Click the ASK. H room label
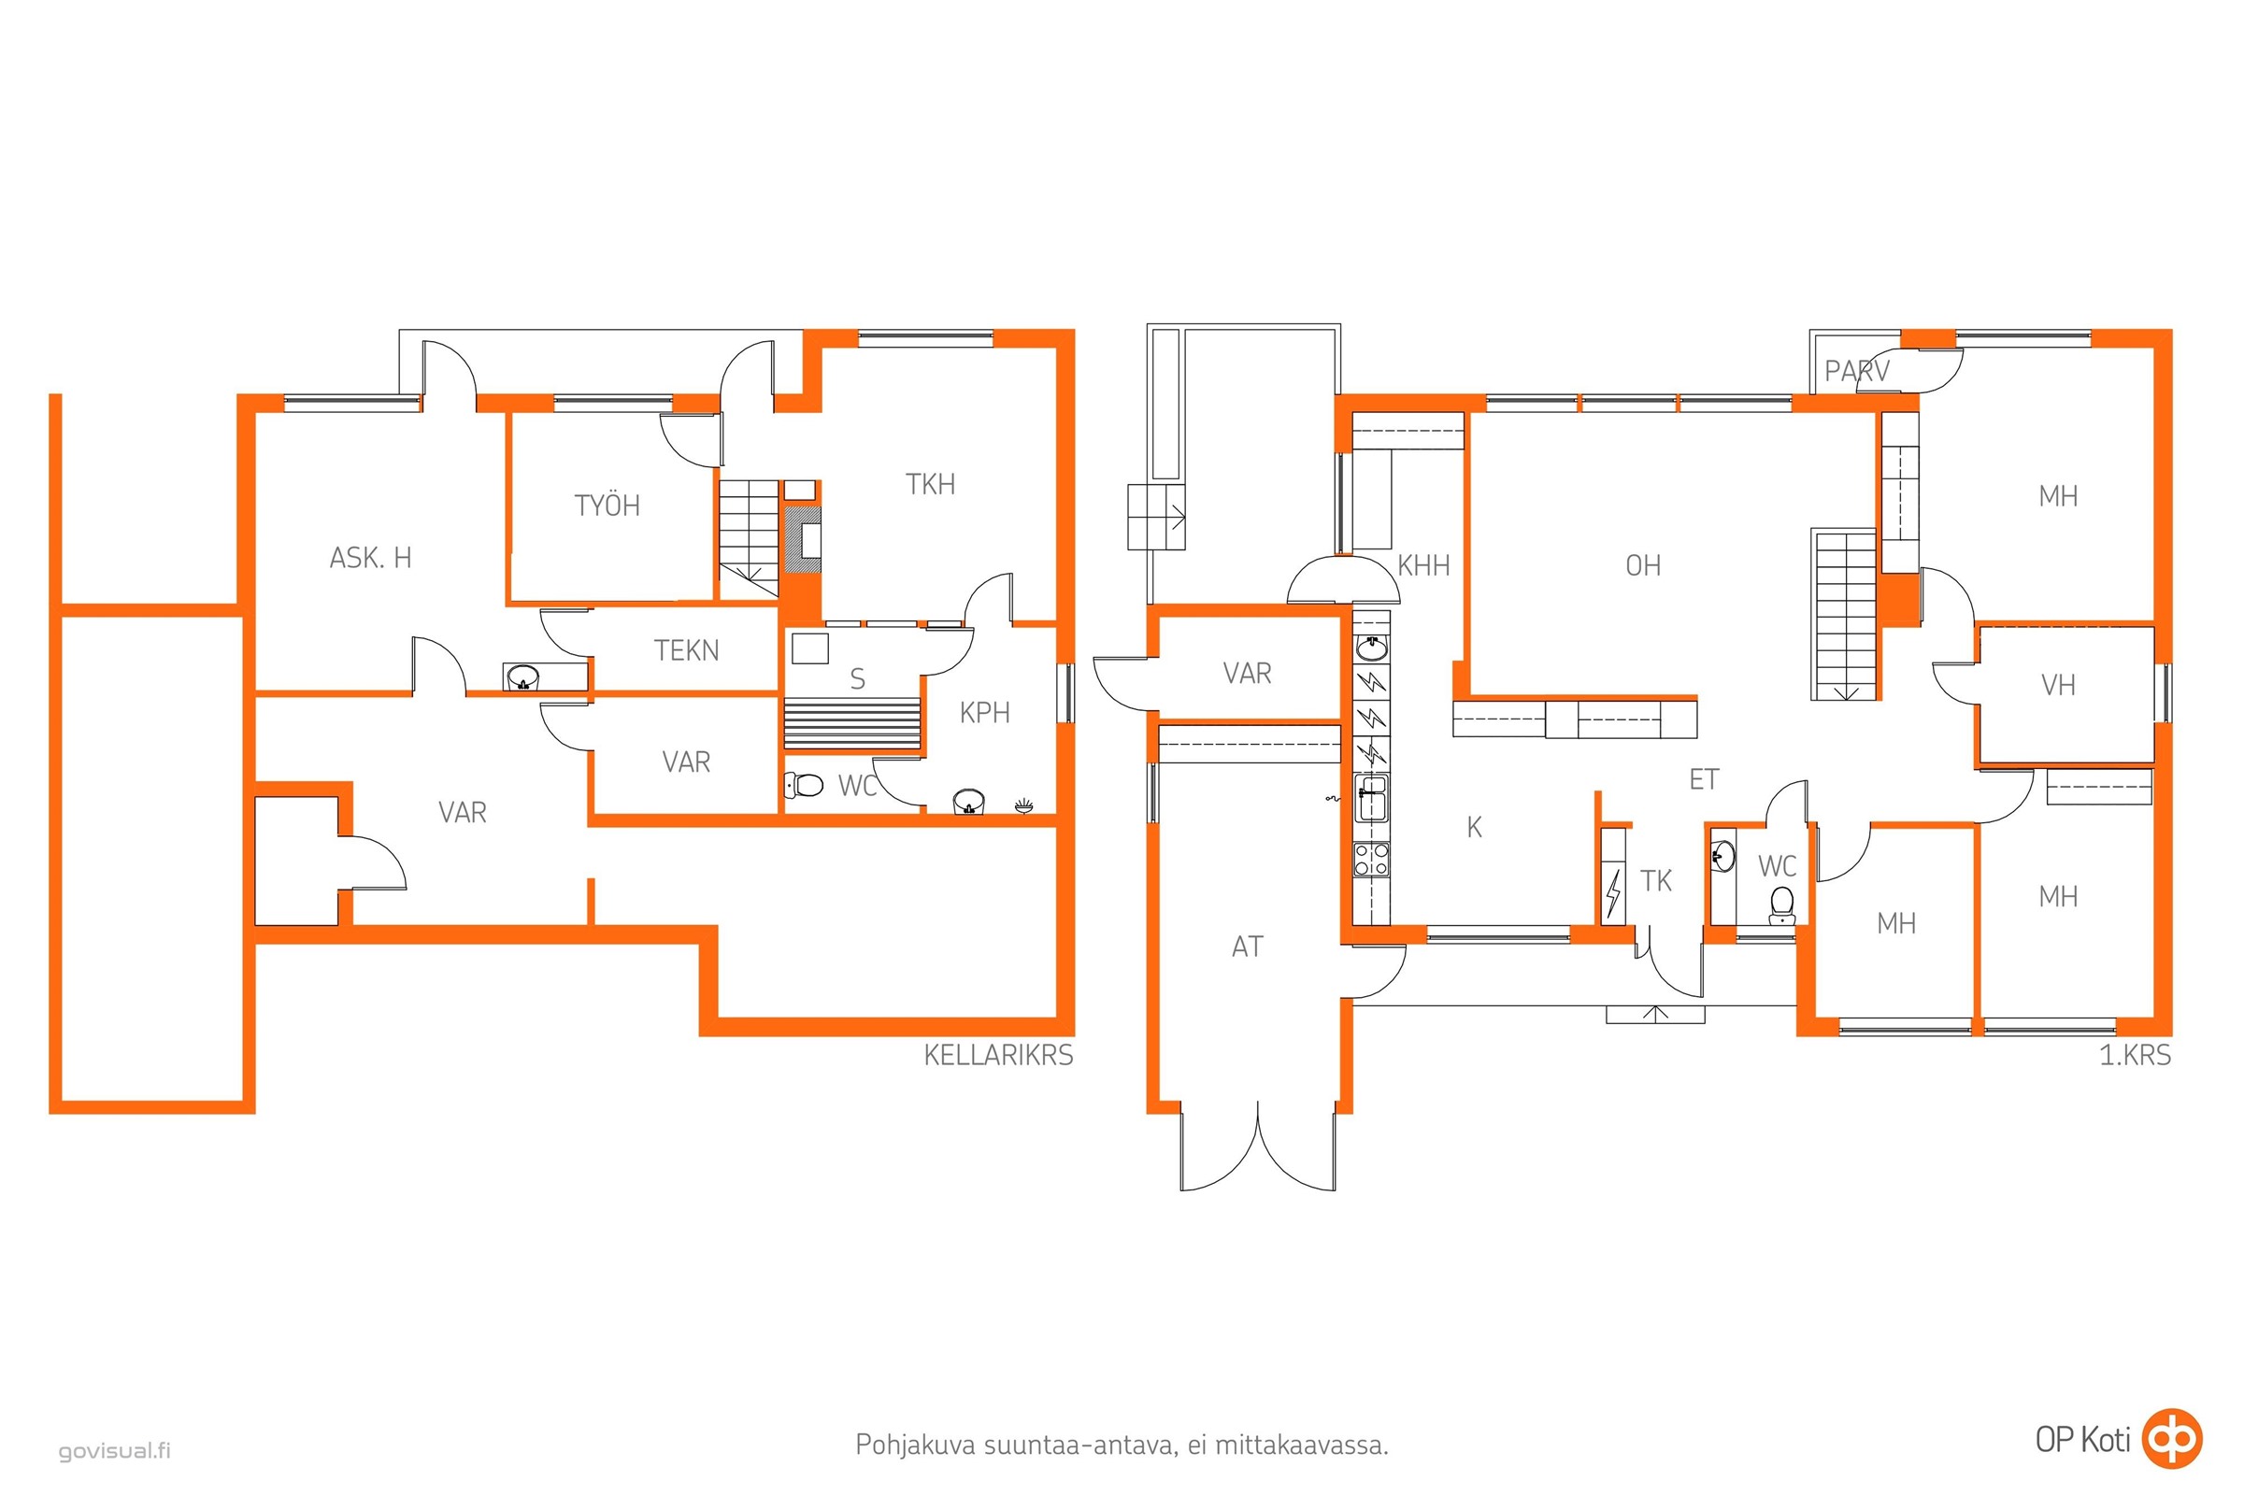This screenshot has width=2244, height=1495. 370,558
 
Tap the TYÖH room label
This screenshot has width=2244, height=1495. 607,505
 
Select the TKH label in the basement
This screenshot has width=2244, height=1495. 930,484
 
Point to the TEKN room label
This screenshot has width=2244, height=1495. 686,650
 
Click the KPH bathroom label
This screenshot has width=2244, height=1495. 984,712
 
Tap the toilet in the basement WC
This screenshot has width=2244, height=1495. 803,786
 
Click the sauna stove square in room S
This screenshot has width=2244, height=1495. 809,648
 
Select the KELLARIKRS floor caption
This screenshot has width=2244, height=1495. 998,1056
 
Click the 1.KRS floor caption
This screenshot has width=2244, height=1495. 2136,1056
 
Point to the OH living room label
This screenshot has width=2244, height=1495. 1642,565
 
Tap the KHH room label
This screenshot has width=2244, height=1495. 1422,565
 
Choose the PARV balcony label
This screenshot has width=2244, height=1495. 1856,371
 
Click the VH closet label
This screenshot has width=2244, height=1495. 2057,685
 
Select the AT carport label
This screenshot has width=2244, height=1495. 1247,947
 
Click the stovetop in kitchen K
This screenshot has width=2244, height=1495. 1371,859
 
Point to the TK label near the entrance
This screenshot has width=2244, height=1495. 1655,881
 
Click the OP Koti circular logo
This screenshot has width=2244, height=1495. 2171,1438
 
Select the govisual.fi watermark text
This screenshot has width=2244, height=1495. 114,1451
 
